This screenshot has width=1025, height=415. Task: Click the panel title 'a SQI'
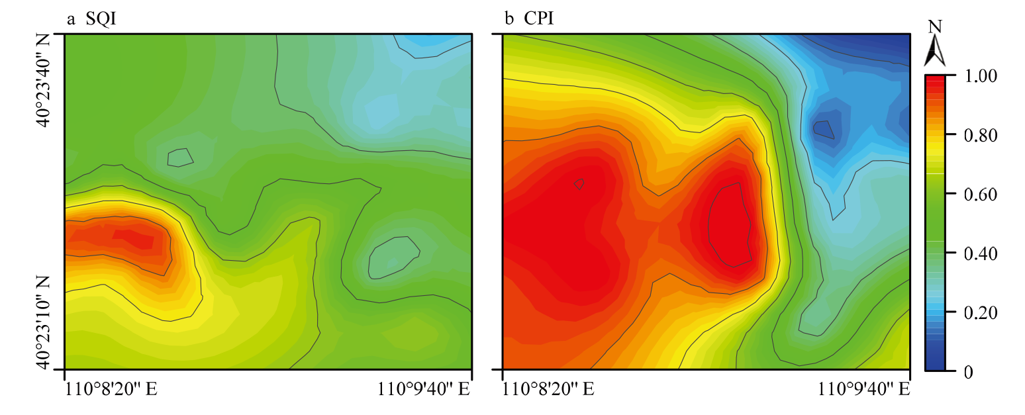(91, 19)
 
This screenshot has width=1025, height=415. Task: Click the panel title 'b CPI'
(529, 19)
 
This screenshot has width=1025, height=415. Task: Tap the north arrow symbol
(935, 52)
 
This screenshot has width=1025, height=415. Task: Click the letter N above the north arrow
(935, 27)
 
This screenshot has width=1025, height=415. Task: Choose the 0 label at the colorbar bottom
(968, 371)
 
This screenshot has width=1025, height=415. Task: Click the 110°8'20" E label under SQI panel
(111, 390)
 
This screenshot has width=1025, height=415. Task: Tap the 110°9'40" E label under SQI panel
(424, 390)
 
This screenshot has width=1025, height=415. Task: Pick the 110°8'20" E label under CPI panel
(548, 390)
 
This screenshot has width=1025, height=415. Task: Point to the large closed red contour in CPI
(729, 225)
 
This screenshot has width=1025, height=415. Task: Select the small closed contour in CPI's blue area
(823, 129)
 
